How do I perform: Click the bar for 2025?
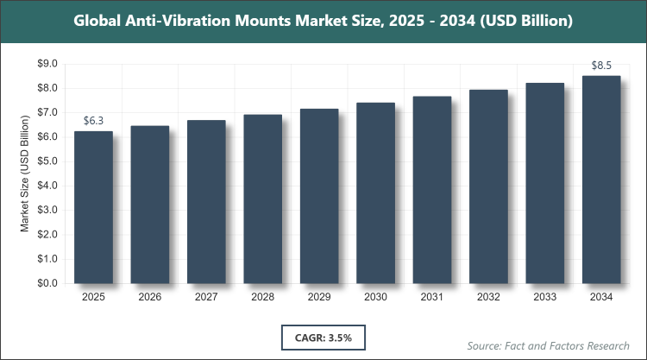[x=93, y=207]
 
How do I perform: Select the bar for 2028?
[x=263, y=199]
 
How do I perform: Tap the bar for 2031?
[x=432, y=190]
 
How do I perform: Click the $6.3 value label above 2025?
[x=93, y=121]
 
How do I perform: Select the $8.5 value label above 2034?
[x=602, y=66]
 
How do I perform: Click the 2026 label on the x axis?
[x=150, y=298]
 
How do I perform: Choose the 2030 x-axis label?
[x=376, y=298]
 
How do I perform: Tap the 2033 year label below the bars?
[x=545, y=298]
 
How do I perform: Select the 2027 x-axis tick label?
[x=206, y=298]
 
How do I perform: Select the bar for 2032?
[x=489, y=186]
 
